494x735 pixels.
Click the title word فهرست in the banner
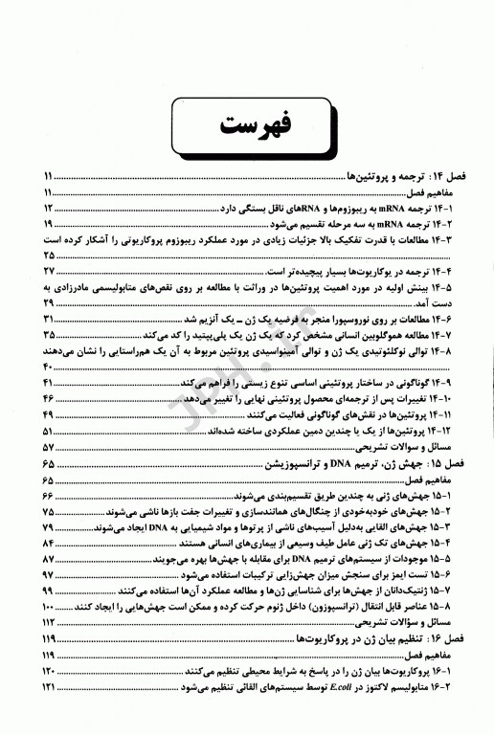pyautogui.click(x=246, y=124)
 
